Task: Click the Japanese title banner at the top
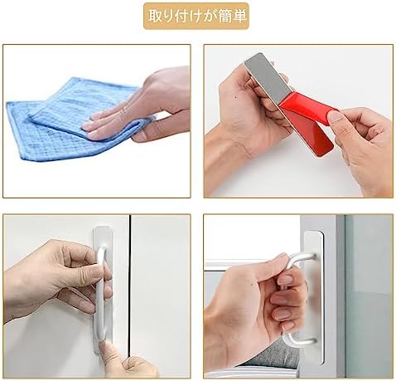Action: [197, 16]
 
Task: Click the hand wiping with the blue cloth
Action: [149, 104]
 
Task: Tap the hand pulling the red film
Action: [365, 141]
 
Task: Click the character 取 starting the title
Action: [155, 16]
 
